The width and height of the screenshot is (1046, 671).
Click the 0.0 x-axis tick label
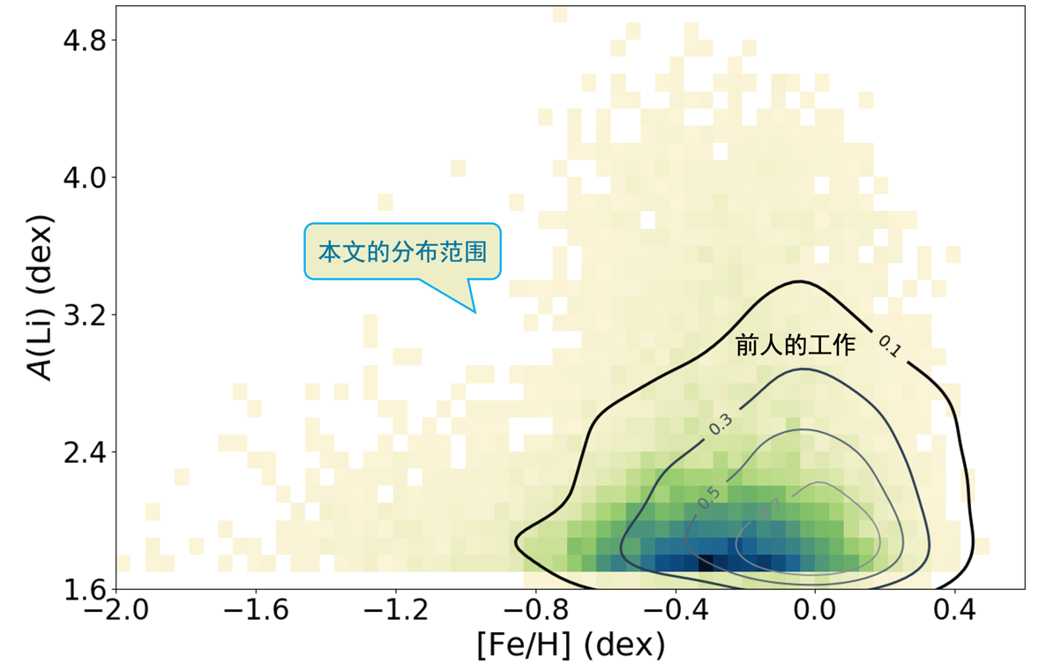816,610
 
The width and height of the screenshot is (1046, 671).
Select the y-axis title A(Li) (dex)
40,297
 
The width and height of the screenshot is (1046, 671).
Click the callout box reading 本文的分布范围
402,252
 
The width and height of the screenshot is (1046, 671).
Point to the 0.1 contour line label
888,347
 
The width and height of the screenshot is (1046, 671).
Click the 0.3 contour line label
721,424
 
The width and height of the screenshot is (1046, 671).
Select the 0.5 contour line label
707,497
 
